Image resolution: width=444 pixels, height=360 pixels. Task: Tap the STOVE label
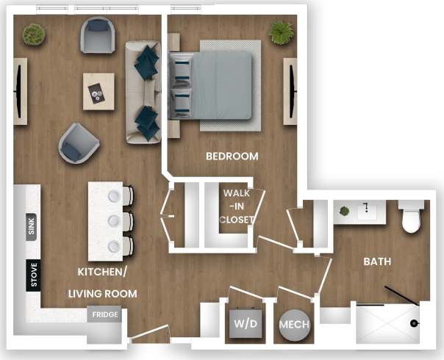[32, 275]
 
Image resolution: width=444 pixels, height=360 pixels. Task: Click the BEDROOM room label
[232, 156]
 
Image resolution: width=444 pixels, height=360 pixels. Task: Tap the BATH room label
[376, 261]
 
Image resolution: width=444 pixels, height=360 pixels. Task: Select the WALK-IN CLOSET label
[237, 206]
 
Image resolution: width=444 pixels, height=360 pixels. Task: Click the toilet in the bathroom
[411, 217]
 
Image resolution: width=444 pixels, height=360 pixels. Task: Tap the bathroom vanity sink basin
[366, 212]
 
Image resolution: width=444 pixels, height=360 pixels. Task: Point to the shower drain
[414, 323]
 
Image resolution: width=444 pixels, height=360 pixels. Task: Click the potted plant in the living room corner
[32, 33]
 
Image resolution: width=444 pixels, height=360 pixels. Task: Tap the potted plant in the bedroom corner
[280, 32]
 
